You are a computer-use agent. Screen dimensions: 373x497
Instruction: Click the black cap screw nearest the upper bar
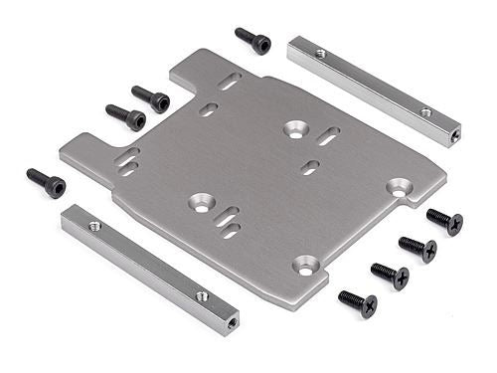(x=254, y=41)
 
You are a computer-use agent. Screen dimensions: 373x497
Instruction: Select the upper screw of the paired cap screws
(x=152, y=98)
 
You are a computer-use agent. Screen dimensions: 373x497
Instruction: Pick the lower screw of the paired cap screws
(x=128, y=117)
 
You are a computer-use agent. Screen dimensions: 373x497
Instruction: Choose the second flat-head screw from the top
(x=418, y=248)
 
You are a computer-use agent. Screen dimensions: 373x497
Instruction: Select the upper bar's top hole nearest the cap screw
(x=320, y=54)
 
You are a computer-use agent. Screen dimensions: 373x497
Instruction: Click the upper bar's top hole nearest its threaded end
(x=426, y=112)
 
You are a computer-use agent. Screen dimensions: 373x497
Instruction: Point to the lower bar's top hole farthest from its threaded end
(x=95, y=227)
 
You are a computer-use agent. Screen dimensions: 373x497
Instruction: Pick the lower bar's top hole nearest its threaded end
(x=202, y=295)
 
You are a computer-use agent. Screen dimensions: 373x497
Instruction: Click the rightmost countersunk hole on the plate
(x=400, y=186)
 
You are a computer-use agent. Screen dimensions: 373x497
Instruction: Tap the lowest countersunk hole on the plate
(x=305, y=266)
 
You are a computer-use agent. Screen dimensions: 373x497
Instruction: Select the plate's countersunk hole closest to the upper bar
(x=295, y=128)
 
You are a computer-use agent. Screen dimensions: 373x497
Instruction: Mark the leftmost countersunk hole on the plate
(x=202, y=202)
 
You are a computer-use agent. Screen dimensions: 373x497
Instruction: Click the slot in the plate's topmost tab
(x=230, y=82)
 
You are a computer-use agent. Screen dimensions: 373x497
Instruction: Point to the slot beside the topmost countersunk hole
(x=327, y=135)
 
